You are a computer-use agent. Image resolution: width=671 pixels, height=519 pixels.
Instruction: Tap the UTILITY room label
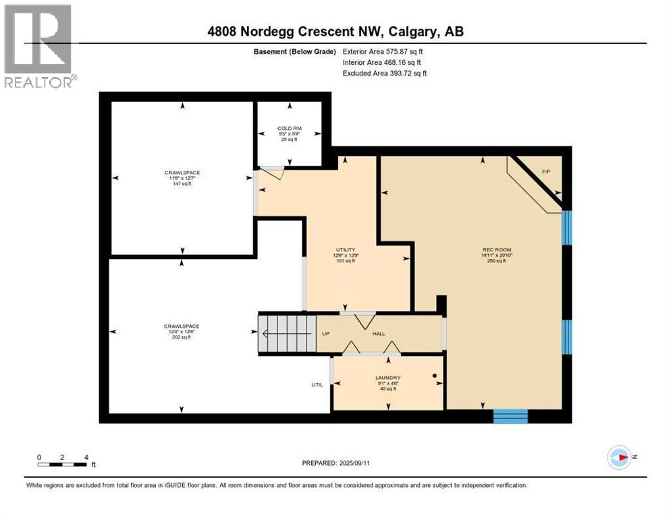coord(346,249)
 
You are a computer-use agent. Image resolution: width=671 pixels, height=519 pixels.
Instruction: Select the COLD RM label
coord(288,128)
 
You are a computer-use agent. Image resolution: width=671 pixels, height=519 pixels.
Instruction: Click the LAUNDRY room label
coord(388,378)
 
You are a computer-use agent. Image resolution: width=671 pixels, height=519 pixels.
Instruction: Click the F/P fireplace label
coord(546,172)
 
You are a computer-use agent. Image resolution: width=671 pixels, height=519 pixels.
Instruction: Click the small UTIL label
coord(317,385)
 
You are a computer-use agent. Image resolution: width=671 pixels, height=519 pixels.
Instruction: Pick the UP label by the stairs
coord(325,334)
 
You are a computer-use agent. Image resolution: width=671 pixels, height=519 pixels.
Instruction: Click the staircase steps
coord(287,333)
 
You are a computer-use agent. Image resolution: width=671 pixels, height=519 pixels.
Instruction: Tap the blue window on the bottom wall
coord(510,416)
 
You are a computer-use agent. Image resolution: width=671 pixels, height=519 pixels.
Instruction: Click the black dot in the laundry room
coord(435,375)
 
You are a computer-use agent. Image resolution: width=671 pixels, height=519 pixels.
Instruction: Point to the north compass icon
coord(619,458)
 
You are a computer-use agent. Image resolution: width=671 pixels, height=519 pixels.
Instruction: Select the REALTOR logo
coord(38,47)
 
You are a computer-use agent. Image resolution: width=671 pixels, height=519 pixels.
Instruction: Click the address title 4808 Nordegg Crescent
coord(335,32)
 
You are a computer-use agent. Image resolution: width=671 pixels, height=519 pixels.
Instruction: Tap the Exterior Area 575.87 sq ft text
coord(383,51)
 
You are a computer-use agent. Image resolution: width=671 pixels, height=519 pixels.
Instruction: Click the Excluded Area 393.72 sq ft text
coord(384,73)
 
